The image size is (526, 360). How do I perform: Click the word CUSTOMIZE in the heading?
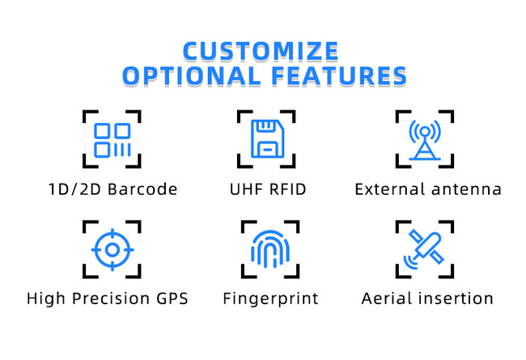click(x=261, y=51)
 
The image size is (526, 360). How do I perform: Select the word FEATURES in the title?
click(x=339, y=75)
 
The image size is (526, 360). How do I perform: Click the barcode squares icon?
click(x=112, y=140)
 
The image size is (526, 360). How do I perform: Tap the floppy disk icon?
click(x=267, y=138)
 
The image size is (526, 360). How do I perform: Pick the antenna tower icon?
click(x=425, y=140)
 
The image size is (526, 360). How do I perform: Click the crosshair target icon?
click(x=112, y=250)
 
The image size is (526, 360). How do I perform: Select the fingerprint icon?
click(x=270, y=249)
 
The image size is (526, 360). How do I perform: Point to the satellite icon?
click(x=424, y=249)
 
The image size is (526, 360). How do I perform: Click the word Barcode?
click(x=142, y=189)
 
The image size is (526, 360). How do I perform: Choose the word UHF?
click(x=246, y=189)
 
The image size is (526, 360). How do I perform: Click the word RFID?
click(x=288, y=189)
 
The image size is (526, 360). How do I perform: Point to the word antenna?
click(x=466, y=190)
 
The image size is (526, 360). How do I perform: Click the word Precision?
click(x=111, y=299)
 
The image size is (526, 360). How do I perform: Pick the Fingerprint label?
click(x=271, y=299)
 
